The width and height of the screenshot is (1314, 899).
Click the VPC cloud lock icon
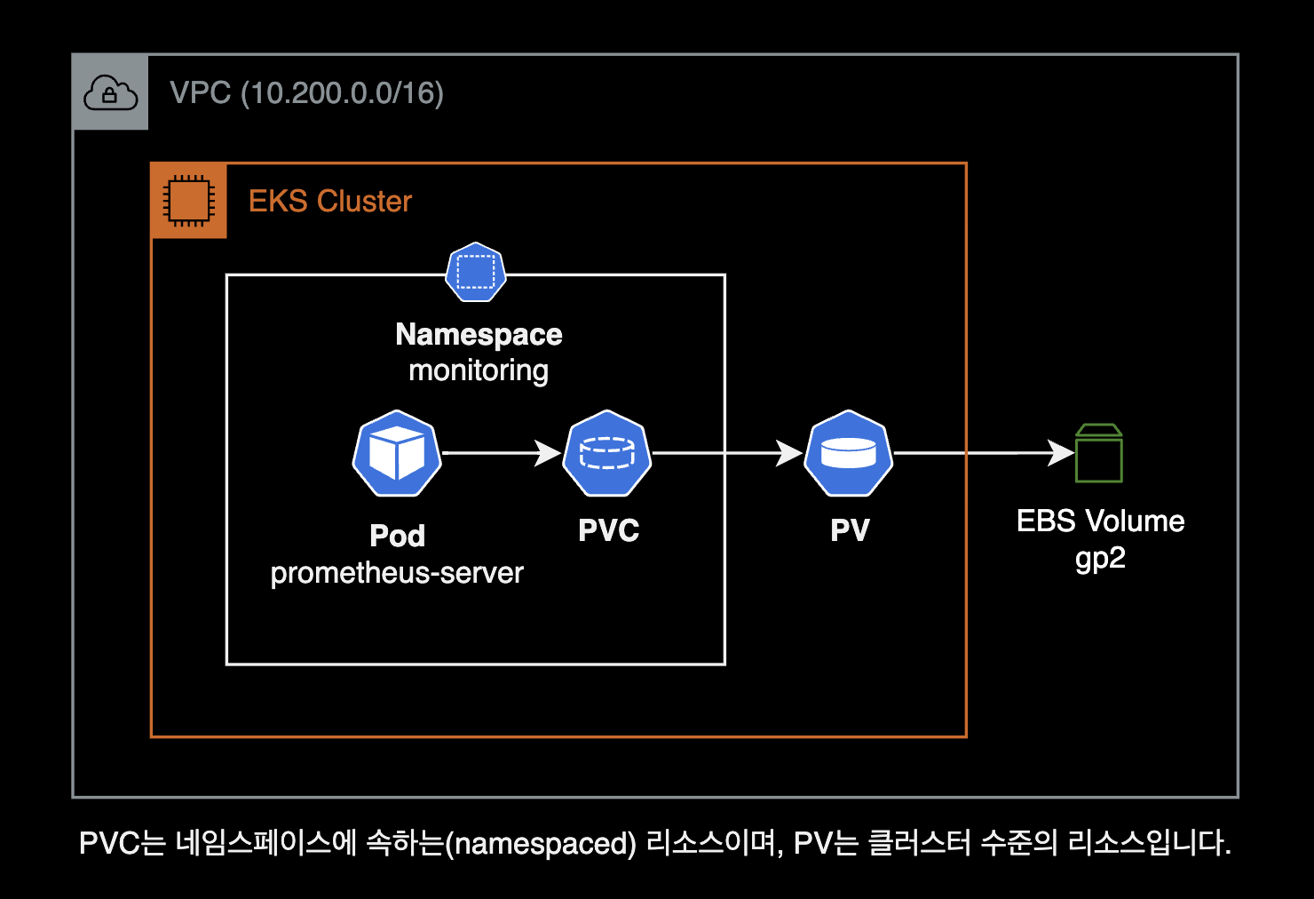click(x=110, y=92)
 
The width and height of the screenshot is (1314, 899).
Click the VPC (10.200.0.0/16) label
click(x=306, y=93)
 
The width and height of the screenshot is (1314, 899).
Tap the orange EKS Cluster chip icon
click(x=188, y=201)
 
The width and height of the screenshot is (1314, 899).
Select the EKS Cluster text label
click(x=329, y=202)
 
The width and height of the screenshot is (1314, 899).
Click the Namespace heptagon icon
click(x=476, y=273)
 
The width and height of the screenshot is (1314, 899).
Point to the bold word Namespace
click(x=479, y=334)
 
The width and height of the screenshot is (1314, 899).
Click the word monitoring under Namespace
click(x=479, y=370)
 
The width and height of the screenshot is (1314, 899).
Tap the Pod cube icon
click(x=397, y=453)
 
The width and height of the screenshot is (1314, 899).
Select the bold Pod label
click(x=397, y=536)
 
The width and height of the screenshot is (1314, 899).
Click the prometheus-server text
click(x=397, y=573)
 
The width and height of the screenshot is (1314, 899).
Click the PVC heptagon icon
click(x=607, y=453)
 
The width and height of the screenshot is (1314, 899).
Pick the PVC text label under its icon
click(x=608, y=530)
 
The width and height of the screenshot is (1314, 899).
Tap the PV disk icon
click(x=848, y=453)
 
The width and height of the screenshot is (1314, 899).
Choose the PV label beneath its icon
click(x=850, y=530)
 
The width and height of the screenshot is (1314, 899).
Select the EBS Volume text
click(x=1100, y=521)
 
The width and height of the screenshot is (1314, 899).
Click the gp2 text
click(x=1100, y=558)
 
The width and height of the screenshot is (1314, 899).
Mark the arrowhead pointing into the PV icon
click(x=789, y=453)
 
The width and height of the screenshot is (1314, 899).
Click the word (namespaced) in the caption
click(x=541, y=843)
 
